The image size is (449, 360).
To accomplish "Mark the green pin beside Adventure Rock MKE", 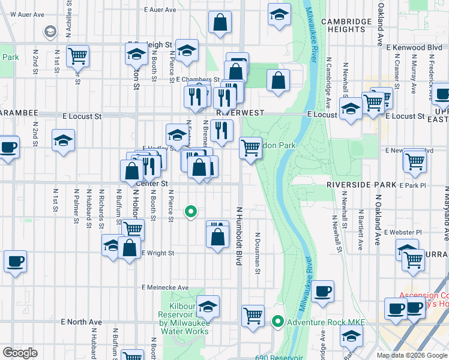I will pyautogui.click(x=277, y=322).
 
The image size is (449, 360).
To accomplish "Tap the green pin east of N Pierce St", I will pyautogui.click(x=191, y=211).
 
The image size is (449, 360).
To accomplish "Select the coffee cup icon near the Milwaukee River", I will pyautogui.click(x=323, y=291).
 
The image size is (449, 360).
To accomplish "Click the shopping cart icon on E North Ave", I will pyautogui.click(x=253, y=314).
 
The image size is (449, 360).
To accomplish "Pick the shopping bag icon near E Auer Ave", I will pyautogui.click(x=220, y=22).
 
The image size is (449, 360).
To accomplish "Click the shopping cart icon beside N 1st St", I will pyautogui.click(x=77, y=56).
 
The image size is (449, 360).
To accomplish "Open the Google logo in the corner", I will pyautogui.click(x=20, y=353).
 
